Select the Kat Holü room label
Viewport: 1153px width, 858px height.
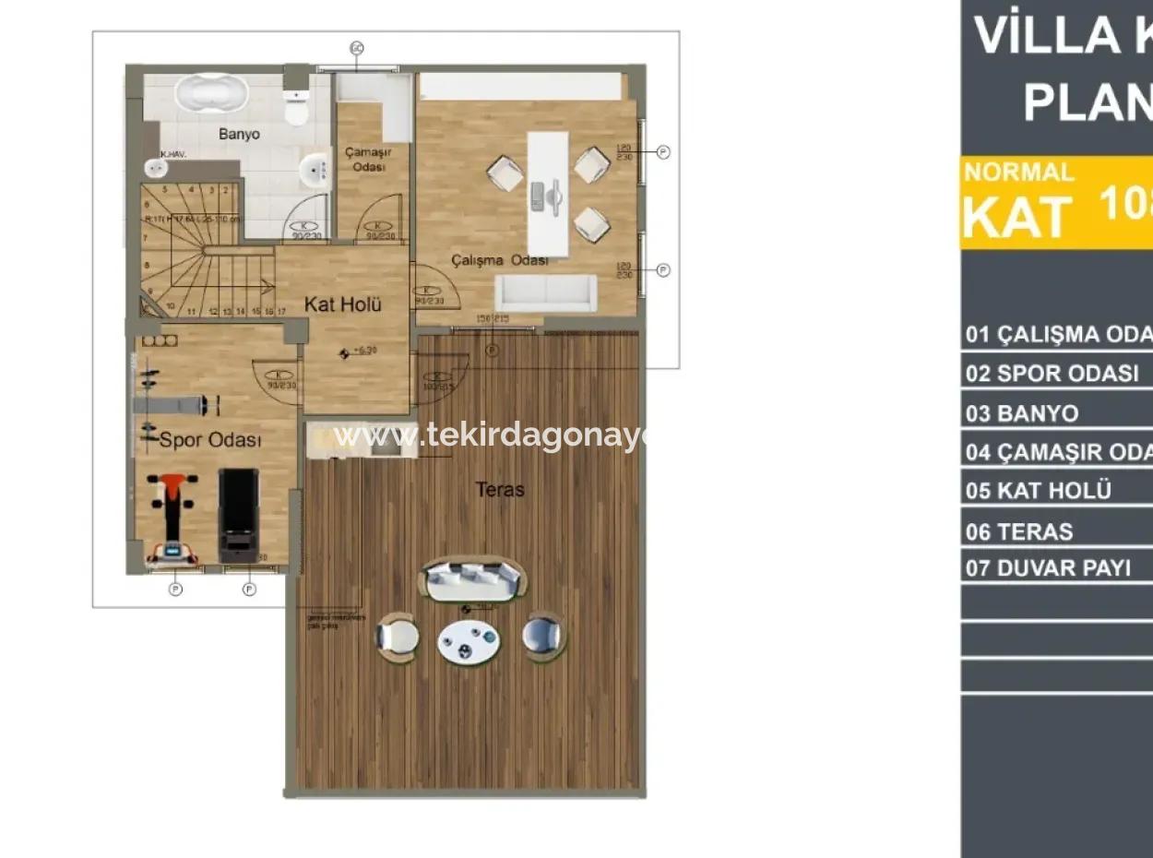(343, 304)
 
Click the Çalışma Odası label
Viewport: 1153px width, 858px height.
(499, 261)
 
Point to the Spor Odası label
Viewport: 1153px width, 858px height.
(210, 440)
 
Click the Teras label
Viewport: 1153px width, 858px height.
(500, 489)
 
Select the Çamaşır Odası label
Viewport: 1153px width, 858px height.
(365, 159)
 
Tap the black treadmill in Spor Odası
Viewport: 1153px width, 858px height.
(238, 515)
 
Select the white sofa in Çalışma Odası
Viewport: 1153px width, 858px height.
(545, 292)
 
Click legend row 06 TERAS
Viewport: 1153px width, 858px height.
(1019, 531)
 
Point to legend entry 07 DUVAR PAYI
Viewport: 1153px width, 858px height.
(1048, 567)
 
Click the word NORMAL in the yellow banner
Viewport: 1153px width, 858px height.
(1018, 172)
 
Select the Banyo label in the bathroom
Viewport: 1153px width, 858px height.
(239, 134)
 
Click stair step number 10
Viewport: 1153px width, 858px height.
(171, 305)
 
